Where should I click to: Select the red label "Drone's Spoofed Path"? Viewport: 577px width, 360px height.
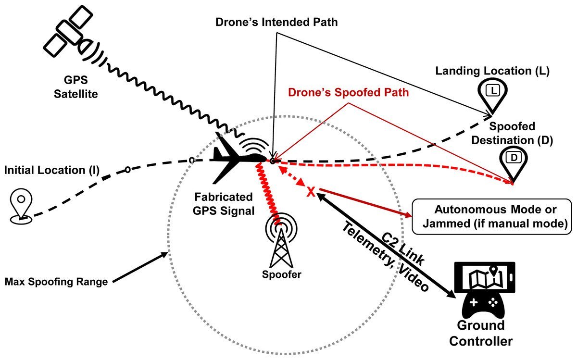tap(349, 93)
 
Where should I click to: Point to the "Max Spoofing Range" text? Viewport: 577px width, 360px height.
tap(55, 281)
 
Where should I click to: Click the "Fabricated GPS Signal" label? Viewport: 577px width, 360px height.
tap(224, 204)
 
